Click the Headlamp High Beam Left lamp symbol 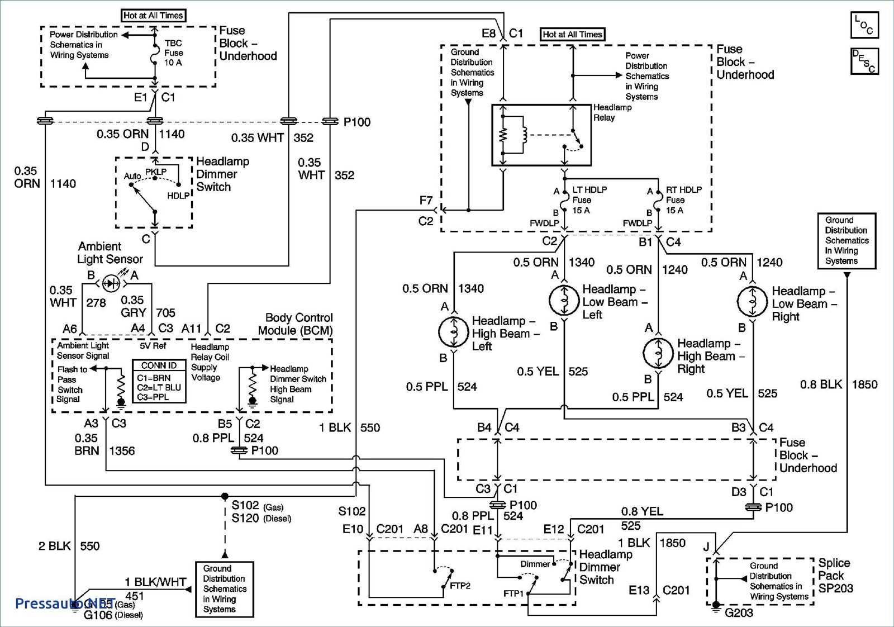pyautogui.click(x=454, y=332)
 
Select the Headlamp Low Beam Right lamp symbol pyautogui.click(x=753, y=302)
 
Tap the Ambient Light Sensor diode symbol pyautogui.click(x=111, y=283)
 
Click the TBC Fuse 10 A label pyautogui.click(x=173, y=53)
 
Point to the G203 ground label pyautogui.click(x=739, y=612)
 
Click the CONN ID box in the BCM pyautogui.click(x=159, y=382)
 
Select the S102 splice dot pyautogui.click(x=225, y=496)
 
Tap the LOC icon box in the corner pyautogui.click(x=864, y=25)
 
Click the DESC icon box pyautogui.click(x=864, y=61)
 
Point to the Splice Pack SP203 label pyautogui.click(x=835, y=576)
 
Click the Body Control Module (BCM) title pyautogui.click(x=296, y=324)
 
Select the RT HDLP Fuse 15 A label pyautogui.click(x=683, y=200)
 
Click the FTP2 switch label pyautogui.click(x=460, y=586)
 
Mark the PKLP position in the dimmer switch pyautogui.click(x=156, y=172)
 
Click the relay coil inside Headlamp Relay pyautogui.click(x=524, y=134)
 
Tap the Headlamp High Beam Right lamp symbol pyautogui.click(x=659, y=353)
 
